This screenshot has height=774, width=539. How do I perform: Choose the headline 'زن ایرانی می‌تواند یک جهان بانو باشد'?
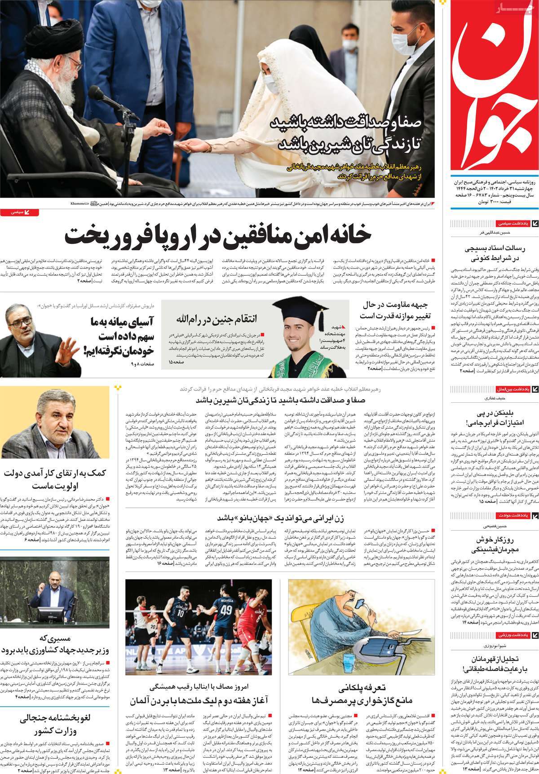click(x=281, y=518)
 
